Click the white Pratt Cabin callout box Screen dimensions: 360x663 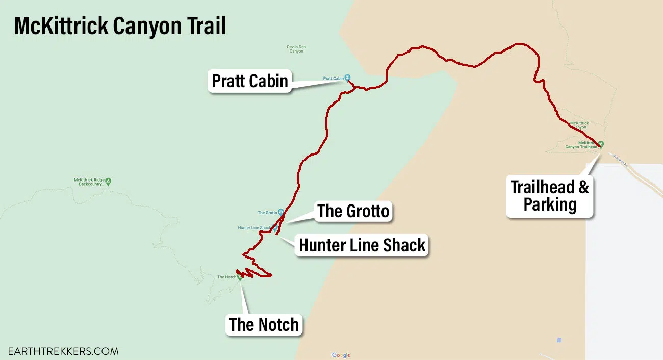pos(249,81)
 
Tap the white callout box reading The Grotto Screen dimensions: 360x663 pos(353,211)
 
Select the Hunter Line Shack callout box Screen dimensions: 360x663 pos(362,245)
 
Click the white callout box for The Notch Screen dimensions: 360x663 pos(264,325)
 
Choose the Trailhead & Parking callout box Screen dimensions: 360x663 pos(550,196)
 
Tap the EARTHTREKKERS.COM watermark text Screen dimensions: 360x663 pos(63,351)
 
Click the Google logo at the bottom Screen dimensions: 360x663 pos(341,355)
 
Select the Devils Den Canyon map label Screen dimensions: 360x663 pos(296,49)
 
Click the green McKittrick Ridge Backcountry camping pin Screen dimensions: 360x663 pos(108,181)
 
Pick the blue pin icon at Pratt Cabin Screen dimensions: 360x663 pos(347,78)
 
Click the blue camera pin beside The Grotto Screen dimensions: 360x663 pos(281,212)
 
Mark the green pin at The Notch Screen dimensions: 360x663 pos(240,277)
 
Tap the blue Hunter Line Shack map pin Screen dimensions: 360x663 pos(275,228)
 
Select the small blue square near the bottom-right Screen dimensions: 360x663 pos(559,340)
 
